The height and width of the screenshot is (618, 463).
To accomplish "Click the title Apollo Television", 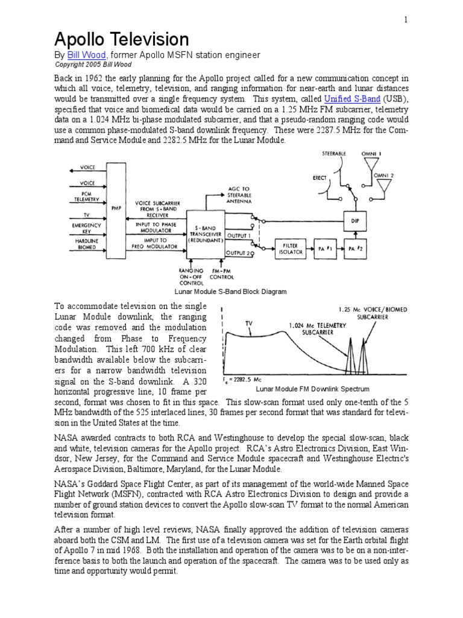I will tap(122, 40).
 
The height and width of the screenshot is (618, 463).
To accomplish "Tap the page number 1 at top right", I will tap(406, 20).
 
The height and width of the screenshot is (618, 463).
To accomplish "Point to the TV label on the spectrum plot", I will tap(248, 323).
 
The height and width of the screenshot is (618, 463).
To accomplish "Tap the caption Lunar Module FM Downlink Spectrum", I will tap(312, 389).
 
